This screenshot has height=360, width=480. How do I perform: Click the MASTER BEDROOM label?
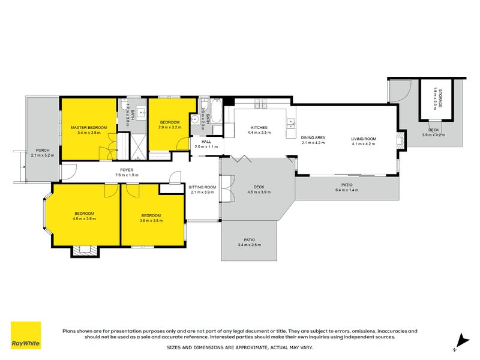point(88,128)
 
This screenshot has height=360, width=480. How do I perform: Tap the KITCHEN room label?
point(259,128)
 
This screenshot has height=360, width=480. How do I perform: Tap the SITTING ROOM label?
point(202,188)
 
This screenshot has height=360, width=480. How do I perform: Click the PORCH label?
point(43,150)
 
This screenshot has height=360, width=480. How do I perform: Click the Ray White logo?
point(26,336)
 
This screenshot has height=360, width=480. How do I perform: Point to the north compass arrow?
point(460,340)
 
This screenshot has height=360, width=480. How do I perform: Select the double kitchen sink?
point(290,124)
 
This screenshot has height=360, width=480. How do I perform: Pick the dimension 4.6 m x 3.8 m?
point(84,219)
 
